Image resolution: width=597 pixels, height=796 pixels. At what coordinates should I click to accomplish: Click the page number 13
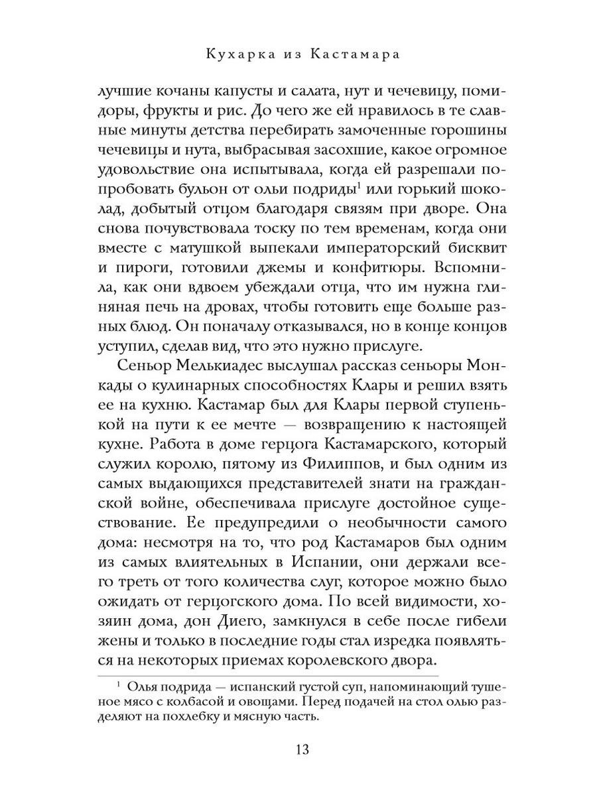(x=298, y=750)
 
